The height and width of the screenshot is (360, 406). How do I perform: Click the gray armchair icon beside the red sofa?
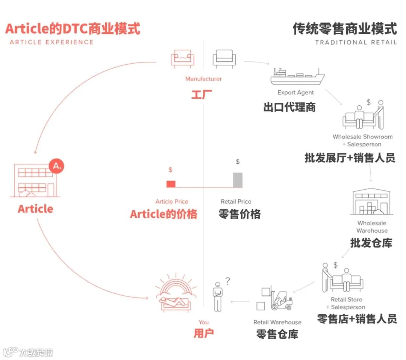click(x=224, y=59)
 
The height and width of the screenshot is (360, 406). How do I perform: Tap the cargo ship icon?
click(x=297, y=77)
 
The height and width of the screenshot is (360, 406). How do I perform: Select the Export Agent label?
click(x=295, y=93)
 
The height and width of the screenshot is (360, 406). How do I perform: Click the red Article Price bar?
click(x=171, y=184)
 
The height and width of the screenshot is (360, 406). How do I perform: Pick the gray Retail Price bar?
click(x=238, y=180)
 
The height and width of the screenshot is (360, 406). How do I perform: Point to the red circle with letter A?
click(x=56, y=166)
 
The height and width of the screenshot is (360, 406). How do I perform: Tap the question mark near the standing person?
click(x=227, y=280)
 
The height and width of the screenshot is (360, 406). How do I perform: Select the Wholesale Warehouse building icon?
click(x=371, y=202)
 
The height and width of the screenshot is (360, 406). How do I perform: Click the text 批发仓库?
click(x=371, y=243)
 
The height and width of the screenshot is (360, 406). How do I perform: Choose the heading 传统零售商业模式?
click(x=344, y=29)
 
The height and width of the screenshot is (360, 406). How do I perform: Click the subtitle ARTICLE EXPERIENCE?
click(x=52, y=42)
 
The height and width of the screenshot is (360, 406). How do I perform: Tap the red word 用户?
click(x=204, y=333)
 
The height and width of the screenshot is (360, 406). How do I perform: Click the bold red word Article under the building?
click(x=35, y=209)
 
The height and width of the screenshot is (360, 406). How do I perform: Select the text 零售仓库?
click(x=277, y=334)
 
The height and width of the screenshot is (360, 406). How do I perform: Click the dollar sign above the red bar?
click(x=170, y=170)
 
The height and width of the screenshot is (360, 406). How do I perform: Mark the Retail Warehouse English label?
click(x=277, y=322)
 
